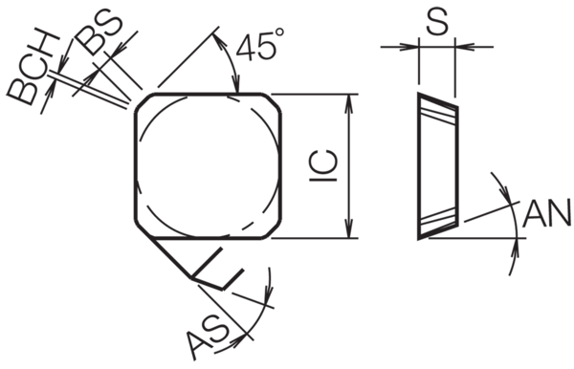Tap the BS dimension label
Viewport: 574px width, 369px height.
[99, 33]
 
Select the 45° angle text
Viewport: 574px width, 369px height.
[260, 45]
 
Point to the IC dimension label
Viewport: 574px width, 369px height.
[323, 165]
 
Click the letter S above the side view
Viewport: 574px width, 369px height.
[437, 22]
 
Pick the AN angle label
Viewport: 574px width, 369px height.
[547, 213]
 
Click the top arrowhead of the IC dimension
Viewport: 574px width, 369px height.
[350, 102]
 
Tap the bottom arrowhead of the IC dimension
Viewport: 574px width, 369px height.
[350, 229]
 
